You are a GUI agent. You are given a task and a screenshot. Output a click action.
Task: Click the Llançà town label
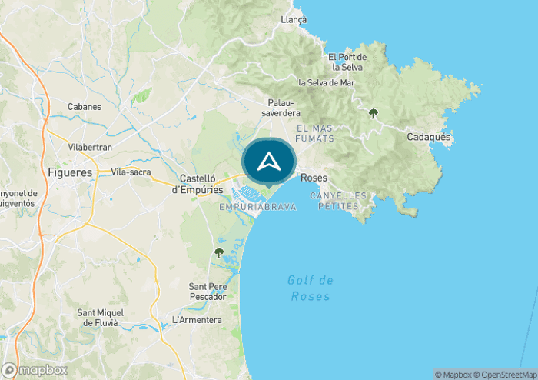294,19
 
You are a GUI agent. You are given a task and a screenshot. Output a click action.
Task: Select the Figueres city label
70,172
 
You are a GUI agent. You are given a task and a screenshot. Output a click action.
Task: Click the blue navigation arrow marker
268,162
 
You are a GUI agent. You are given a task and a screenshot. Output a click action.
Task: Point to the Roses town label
314,178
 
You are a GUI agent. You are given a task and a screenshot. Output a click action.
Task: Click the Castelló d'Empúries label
197,184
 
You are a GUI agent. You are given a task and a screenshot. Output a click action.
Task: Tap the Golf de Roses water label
311,288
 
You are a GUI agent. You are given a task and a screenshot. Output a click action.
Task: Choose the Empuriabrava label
257,207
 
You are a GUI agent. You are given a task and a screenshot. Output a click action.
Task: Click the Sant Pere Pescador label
208,292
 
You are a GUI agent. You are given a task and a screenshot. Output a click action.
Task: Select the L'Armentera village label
197,320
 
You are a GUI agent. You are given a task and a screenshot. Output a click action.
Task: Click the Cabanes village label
85,107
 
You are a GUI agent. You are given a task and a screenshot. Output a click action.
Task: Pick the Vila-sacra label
131,172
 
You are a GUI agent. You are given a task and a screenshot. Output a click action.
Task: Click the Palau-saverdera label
284,108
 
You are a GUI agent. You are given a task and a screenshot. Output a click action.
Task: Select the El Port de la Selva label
347,62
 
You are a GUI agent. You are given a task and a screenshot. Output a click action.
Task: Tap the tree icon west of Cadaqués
374,113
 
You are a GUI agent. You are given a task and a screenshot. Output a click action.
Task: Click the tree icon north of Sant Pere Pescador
219,252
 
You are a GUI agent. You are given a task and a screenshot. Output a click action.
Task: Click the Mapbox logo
35,370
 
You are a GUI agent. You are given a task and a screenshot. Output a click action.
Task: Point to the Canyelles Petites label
338,201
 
